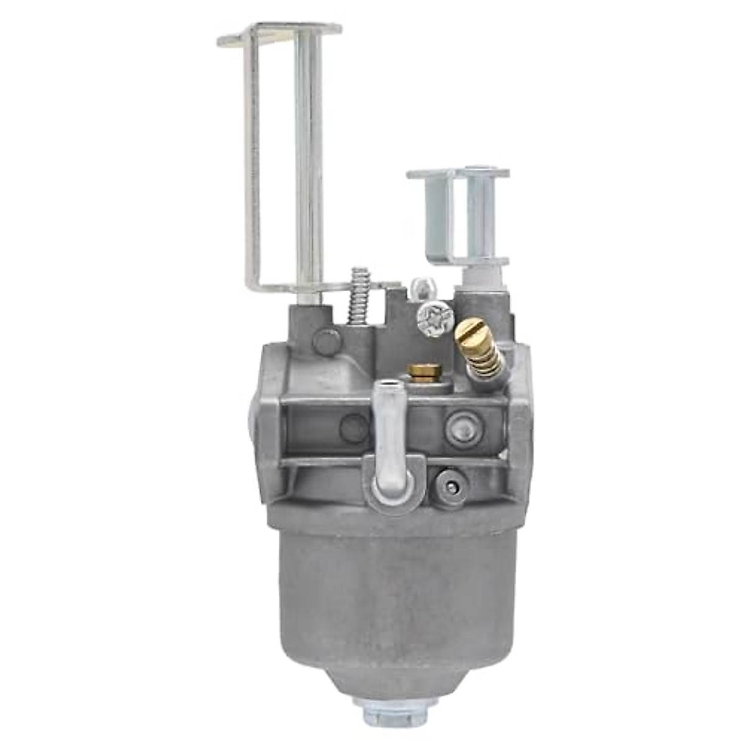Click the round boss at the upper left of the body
(x=327, y=341)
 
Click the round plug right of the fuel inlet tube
(x=461, y=428)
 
